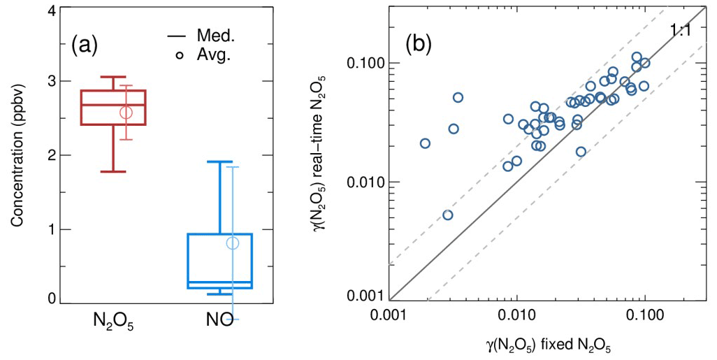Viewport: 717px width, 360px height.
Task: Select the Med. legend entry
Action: (200, 36)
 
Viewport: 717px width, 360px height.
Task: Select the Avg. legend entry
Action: (200, 55)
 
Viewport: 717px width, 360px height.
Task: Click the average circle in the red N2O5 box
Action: (126, 113)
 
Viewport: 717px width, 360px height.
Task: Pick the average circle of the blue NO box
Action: (233, 243)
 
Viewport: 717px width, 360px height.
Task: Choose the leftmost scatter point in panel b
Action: (425, 143)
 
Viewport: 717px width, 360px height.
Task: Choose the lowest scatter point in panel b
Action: (448, 215)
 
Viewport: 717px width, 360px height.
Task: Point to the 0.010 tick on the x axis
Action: (516, 314)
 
